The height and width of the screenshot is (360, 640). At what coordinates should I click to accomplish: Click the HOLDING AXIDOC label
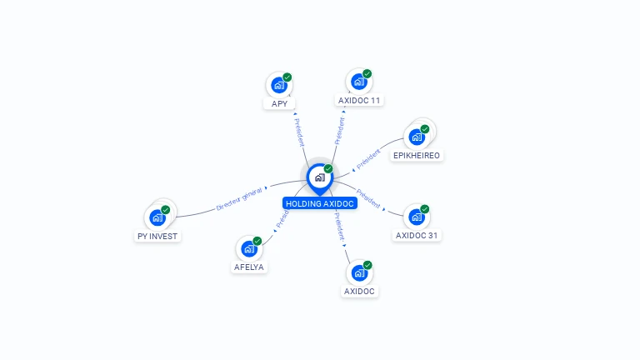[x=320, y=203]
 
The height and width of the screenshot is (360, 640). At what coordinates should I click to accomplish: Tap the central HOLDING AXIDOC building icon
[x=319, y=177]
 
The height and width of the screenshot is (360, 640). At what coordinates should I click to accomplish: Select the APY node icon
[x=279, y=84]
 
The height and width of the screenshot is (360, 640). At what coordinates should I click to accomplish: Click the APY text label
[x=279, y=104]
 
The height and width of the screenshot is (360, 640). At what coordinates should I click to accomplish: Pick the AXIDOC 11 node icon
[x=359, y=81]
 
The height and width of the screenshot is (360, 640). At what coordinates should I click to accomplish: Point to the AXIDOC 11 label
[x=359, y=100]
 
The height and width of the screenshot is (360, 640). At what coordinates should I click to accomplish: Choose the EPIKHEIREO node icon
[x=417, y=137]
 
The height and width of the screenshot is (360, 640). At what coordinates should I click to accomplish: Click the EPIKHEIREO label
[x=417, y=155]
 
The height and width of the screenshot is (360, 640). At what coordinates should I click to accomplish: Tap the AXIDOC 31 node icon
[x=417, y=217]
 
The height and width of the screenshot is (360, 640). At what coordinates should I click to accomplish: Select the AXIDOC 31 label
[x=417, y=235]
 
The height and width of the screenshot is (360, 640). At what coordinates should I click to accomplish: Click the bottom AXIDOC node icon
[x=359, y=272]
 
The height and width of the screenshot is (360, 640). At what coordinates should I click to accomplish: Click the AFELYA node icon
[x=249, y=248]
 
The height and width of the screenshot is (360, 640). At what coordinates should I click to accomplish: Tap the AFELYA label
[x=249, y=267]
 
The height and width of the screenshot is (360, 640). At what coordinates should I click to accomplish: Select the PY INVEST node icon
[x=157, y=217]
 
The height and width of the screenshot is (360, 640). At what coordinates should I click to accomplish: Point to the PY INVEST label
[x=157, y=236]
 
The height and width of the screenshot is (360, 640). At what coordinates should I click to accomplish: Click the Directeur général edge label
[x=239, y=199]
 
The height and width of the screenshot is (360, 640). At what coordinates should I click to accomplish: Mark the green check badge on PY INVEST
[x=166, y=209]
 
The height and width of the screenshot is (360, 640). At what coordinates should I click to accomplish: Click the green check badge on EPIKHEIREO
[x=425, y=128]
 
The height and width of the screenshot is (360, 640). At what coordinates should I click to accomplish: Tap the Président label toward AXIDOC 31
[x=367, y=202]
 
